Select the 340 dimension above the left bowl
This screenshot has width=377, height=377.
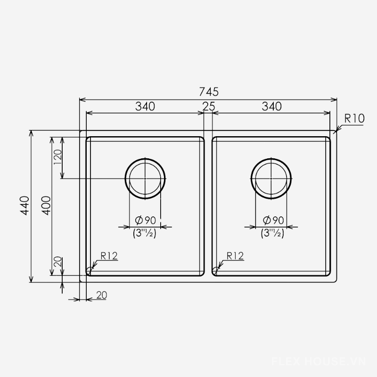[x=145, y=107]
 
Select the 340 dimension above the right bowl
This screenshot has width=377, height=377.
[x=272, y=107]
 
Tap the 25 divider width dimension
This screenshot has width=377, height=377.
[x=208, y=107]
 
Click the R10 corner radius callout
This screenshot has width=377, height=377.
[x=354, y=118]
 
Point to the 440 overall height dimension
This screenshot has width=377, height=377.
[x=25, y=206]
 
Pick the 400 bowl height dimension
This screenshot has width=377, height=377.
[x=45, y=206]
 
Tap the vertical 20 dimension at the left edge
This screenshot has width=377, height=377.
[x=57, y=262]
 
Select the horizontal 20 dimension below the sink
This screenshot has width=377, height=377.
[x=101, y=295]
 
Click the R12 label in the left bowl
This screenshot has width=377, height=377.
[x=108, y=256]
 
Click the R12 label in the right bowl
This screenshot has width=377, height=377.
[x=235, y=256]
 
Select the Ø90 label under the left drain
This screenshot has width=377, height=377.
[x=145, y=220]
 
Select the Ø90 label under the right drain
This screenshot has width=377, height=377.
[x=272, y=220]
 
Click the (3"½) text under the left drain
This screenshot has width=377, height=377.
[x=145, y=233]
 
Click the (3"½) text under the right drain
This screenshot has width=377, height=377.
[x=272, y=233]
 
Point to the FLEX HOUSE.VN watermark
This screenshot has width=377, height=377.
[x=319, y=362]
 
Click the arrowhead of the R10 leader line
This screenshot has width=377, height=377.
[x=336, y=131]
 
